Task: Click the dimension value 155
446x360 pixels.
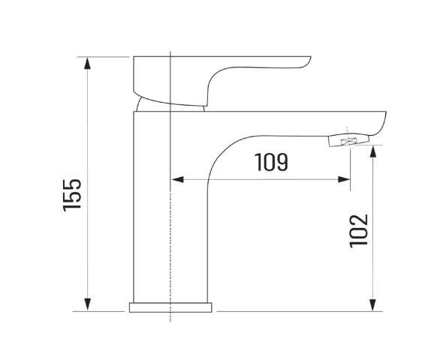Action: tap(73, 194)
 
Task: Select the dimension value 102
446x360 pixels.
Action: tap(359, 230)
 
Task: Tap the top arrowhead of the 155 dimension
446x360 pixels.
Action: tap(89, 62)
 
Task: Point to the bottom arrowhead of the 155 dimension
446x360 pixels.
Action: tap(89, 304)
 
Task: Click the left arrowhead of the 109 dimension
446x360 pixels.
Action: tap(178, 179)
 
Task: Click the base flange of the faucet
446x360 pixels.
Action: tap(171, 307)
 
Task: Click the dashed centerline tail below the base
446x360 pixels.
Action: tap(172, 317)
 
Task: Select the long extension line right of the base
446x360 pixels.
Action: tap(300, 310)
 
